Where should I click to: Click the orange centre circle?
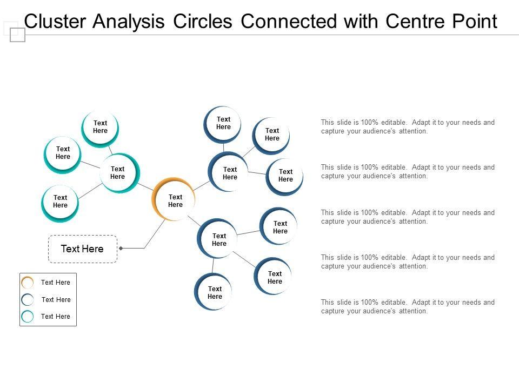click(174, 199)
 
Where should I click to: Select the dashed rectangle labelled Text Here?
click(83, 249)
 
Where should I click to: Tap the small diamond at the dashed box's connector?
click(121, 248)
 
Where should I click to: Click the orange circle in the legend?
click(27, 282)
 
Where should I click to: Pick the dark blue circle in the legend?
click(27, 299)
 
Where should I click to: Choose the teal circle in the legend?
click(27, 316)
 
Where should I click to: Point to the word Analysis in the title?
click(129, 22)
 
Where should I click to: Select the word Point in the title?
click(474, 22)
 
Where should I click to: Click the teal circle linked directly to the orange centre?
click(119, 173)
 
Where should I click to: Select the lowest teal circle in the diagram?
click(60, 203)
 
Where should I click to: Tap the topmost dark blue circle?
click(223, 124)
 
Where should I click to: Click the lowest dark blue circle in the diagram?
click(214, 292)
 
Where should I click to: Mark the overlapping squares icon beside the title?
click(15, 32)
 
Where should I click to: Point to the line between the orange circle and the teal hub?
click(145, 186)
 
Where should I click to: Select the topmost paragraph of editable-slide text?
click(408, 126)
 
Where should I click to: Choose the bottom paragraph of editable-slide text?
click(408, 306)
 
